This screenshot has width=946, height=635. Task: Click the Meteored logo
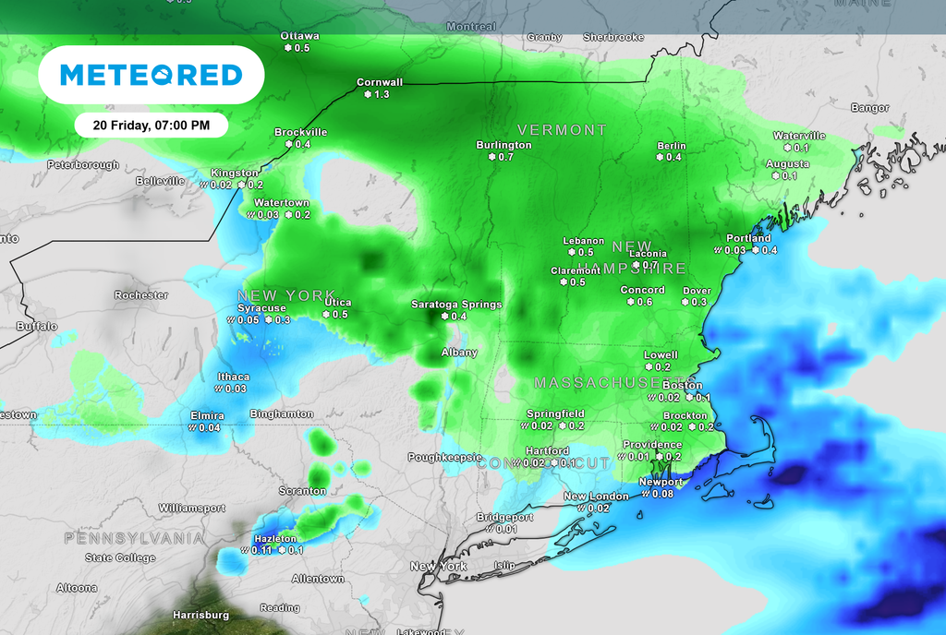click(x=151, y=75)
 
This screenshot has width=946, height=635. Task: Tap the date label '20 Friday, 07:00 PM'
click(x=151, y=125)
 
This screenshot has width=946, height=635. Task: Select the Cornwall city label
click(x=380, y=82)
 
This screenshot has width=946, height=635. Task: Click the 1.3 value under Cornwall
click(x=382, y=95)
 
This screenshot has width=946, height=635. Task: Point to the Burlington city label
click(x=503, y=145)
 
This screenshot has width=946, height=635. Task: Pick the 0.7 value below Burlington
click(x=505, y=158)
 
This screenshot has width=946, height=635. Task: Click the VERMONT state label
click(x=562, y=130)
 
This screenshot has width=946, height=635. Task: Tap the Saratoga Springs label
click(x=456, y=304)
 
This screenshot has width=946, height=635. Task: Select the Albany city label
click(x=459, y=353)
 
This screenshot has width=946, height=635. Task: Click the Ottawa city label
click(x=300, y=36)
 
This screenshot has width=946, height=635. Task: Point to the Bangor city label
click(x=869, y=108)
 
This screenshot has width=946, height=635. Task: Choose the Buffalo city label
click(x=37, y=327)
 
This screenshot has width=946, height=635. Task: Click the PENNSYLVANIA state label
click(x=134, y=537)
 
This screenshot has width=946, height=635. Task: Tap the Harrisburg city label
click(x=200, y=615)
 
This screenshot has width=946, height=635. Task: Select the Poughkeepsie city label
click(x=445, y=457)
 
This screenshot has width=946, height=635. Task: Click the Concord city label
click(x=642, y=290)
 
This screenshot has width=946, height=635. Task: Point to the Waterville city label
click(x=799, y=136)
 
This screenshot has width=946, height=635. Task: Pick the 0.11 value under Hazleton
click(x=261, y=550)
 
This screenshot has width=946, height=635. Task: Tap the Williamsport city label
click(x=191, y=508)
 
